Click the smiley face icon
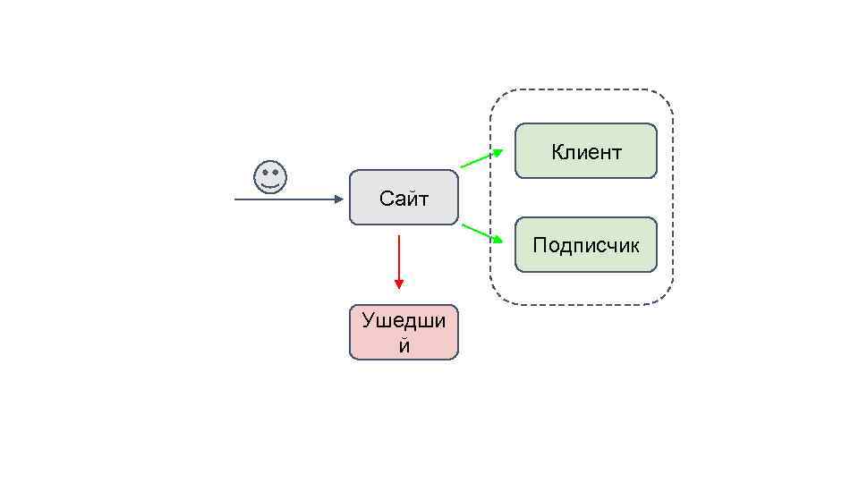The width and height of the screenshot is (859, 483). (270, 177)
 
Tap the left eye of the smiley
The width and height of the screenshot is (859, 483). (264, 173)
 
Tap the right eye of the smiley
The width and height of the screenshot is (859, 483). (276, 173)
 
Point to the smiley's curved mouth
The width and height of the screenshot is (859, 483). (270, 185)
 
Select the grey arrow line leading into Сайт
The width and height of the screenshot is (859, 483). (286, 199)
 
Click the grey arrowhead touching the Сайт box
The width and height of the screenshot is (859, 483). (340, 199)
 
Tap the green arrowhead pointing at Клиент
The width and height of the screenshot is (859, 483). (498, 153)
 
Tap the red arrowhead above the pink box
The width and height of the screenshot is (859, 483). (399, 284)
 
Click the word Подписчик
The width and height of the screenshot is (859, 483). (586, 244)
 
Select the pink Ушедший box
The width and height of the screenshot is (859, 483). (404, 333)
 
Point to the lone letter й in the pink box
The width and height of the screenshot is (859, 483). (404, 345)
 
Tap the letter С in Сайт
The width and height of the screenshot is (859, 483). (386, 199)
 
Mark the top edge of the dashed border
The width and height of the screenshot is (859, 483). (582, 89)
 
